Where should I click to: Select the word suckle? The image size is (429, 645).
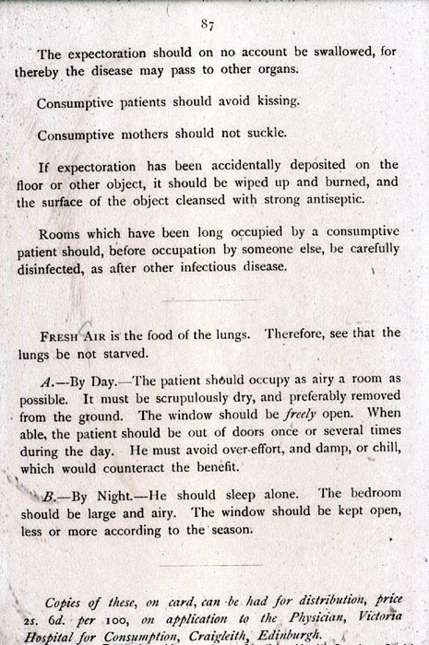[x=267, y=135]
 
